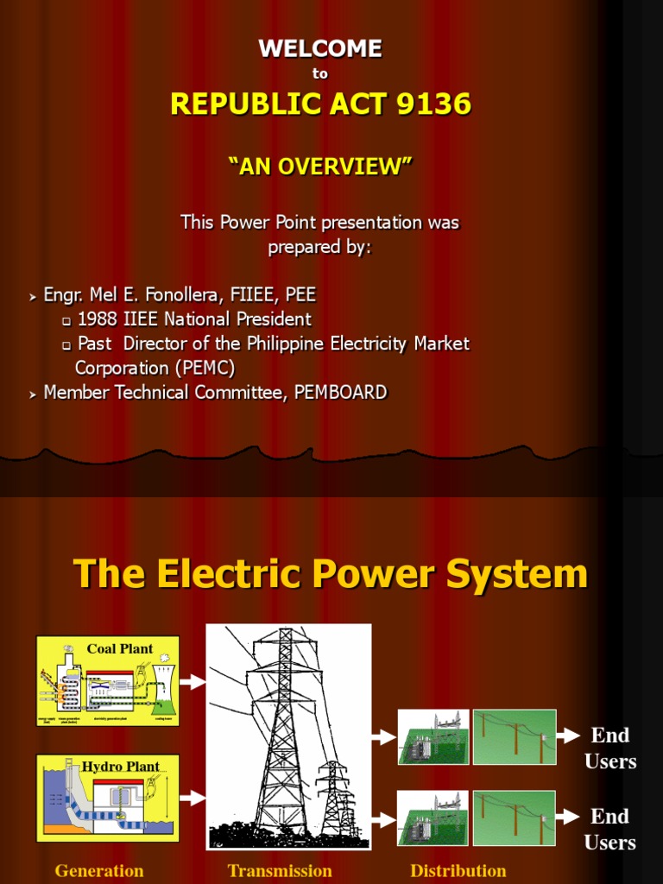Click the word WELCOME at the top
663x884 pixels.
320,49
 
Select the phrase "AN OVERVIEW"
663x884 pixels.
320,167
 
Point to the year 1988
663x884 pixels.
99,319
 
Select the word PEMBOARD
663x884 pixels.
341,393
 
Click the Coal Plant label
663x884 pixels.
120,648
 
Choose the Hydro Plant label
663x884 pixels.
120,767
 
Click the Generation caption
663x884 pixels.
99,870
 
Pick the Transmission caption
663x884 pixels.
280,870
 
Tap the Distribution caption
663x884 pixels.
458,870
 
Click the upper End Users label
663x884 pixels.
610,748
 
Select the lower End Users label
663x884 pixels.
610,829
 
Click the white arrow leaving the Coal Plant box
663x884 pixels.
193,682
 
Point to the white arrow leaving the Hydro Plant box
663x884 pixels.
193,799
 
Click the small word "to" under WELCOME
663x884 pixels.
320,74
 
